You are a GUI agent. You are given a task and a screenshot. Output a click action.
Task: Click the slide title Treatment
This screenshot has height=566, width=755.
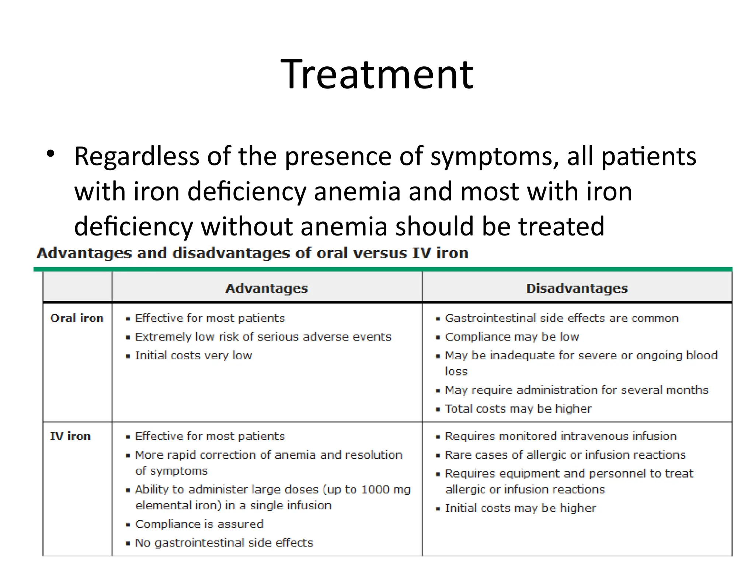(377, 74)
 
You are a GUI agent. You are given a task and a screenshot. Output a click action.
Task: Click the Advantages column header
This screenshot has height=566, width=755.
(267, 288)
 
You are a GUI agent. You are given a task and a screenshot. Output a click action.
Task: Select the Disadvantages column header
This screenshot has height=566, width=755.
(577, 288)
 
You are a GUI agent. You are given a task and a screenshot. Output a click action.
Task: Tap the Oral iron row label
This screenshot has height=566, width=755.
(77, 318)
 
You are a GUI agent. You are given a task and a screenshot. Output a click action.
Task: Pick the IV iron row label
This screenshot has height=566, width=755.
(70, 436)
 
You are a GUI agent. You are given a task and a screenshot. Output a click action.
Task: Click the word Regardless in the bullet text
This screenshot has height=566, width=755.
(137, 157)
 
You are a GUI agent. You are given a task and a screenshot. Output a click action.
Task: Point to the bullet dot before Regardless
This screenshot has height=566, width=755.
(51, 154)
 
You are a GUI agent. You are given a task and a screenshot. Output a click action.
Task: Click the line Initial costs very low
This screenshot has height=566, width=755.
(193, 355)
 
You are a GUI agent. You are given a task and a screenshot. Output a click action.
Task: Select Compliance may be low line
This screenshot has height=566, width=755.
(512, 336)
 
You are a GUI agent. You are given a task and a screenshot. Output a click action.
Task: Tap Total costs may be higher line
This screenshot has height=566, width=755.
(518, 408)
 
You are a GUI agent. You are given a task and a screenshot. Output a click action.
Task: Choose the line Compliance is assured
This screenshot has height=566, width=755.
(199, 524)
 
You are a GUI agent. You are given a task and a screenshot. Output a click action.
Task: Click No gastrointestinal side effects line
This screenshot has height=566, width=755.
(224, 542)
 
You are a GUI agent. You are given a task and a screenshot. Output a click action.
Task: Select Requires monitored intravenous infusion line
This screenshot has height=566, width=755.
(560, 436)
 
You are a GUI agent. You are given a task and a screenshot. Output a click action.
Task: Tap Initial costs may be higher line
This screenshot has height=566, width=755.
(520, 508)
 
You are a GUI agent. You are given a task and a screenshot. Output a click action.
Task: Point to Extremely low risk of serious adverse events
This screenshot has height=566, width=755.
(263, 336)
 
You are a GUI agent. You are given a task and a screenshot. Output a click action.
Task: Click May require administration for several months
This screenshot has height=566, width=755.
(576, 389)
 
